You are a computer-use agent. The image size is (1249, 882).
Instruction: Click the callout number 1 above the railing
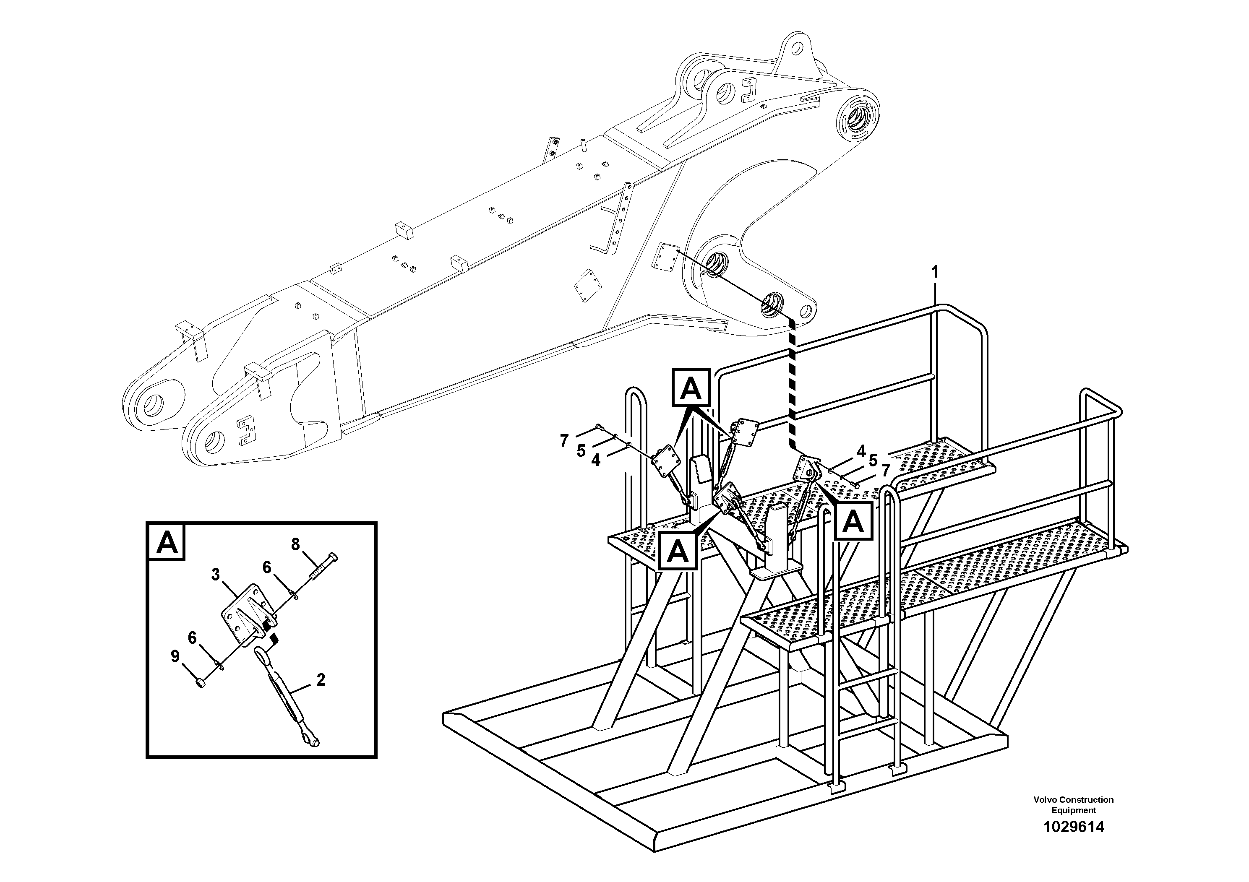[935, 272]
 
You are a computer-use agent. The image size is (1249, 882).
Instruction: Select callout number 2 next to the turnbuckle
[321, 680]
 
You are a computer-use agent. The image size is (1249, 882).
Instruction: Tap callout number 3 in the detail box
[216, 574]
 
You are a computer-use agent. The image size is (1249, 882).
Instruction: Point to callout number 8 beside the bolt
[295, 544]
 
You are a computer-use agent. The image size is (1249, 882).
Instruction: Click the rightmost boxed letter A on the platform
[854, 522]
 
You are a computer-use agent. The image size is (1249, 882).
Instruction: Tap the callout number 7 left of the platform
[564, 440]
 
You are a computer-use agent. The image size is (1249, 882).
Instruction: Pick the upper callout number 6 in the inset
[266, 567]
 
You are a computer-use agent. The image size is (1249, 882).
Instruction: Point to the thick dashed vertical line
[792, 381]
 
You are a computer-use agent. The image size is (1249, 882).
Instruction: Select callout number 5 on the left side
[581, 450]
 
